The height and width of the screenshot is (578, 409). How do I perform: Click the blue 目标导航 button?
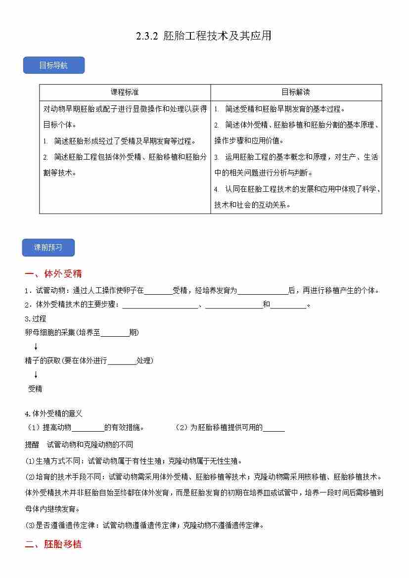pyautogui.click(x=53, y=65)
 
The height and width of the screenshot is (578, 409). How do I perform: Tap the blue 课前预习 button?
pyautogui.click(x=48, y=247)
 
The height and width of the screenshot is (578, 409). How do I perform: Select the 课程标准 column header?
pyautogui.click(x=125, y=92)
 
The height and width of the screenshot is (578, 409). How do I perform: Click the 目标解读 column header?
pyautogui.click(x=296, y=92)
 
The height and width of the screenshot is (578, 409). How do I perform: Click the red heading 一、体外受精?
pyautogui.click(x=53, y=274)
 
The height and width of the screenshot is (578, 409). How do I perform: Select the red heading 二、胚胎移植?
pyautogui.click(x=53, y=544)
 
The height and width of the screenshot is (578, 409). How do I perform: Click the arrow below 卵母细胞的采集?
pyautogui.click(x=36, y=347)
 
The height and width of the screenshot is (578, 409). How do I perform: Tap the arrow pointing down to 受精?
pyautogui.click(x=36, y=375)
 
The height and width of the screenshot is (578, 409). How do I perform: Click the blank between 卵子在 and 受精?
pyautogui.click(x=158, y=291)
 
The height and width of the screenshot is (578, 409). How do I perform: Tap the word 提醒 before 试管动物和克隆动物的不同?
pyautogui.click(x=32, y=445)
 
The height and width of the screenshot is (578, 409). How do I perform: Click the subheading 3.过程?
pyautogui.click(x=36, y=319)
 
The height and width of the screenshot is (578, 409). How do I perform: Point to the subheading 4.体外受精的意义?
pyautogui.click(x=53, y=413)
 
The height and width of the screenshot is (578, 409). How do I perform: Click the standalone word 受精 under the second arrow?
pyautogui.click(x=35, y=389)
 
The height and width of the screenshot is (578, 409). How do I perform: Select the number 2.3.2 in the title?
pyautogui.click(x=147, y=36)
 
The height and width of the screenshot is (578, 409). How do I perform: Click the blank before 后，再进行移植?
pyautogui.click(x=263, y=291)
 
